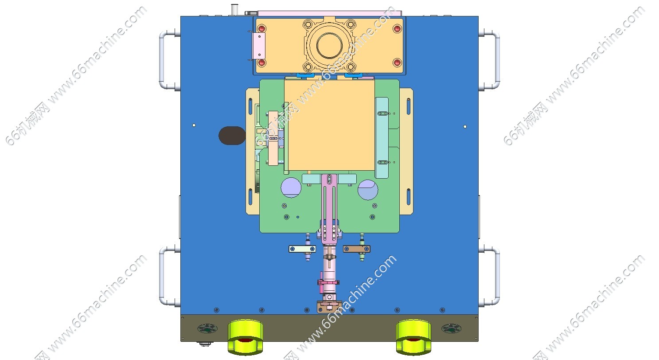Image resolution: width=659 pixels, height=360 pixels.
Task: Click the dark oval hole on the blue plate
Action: (x=232, y=135)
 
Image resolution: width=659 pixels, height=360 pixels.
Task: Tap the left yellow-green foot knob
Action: (x=246, y=337)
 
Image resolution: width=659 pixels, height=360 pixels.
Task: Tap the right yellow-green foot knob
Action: (x=413, y=337)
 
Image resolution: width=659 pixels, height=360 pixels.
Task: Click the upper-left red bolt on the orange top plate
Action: (x=261, y=29)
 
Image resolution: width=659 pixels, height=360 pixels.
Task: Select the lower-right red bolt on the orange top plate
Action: (x=397, y=63)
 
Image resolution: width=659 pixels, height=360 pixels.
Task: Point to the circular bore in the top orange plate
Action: (x=329, y=46)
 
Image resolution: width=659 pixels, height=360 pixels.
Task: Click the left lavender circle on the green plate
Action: (x=291, y=187)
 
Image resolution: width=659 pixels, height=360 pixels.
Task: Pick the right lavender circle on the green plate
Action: (x=368, y=190)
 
